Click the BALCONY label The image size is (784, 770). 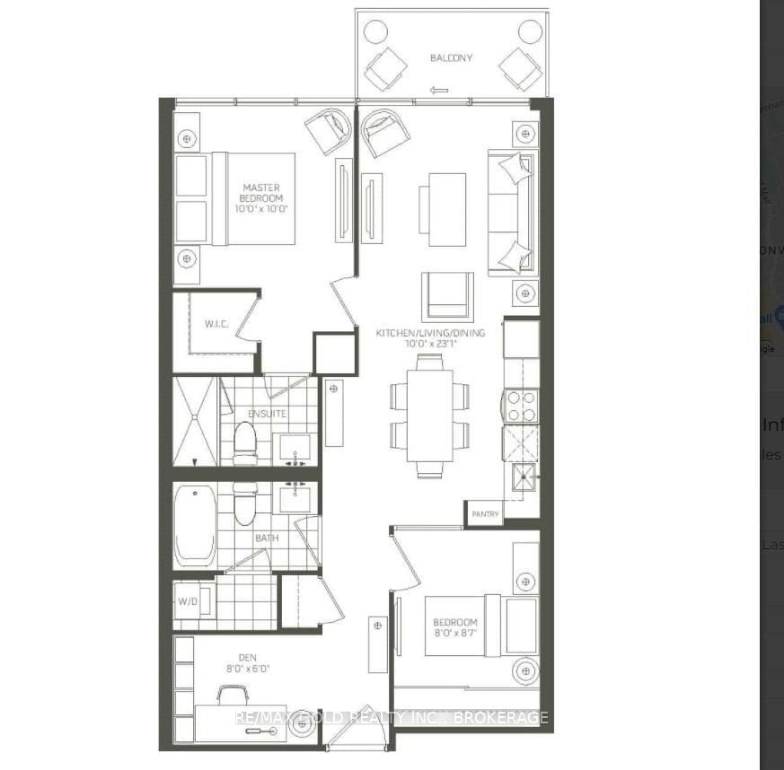click(x=451, y=58)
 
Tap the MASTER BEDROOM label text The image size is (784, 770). click(x=261, y=197)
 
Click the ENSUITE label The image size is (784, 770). click(x=268, y=414)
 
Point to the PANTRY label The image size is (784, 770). click(x=484, y=515)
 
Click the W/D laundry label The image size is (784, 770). click(x=188, y=601)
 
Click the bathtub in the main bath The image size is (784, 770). click(x=195, y=525)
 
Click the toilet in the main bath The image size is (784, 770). click(x=245, y=505)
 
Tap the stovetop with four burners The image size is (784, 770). click(x=520, y=405)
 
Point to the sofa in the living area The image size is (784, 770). click(x=511, y=214)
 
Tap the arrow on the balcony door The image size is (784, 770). click(x=439, y=90)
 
